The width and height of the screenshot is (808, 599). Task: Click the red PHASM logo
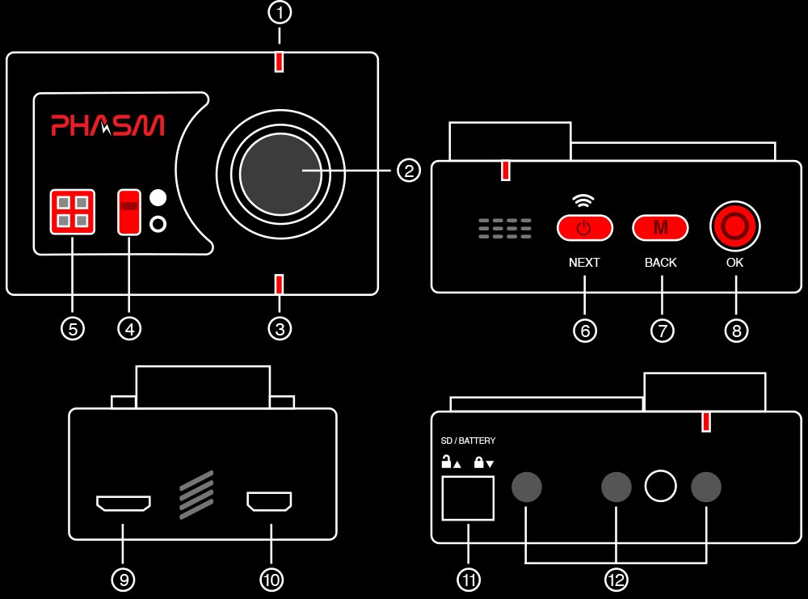107,125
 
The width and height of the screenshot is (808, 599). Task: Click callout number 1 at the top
279,13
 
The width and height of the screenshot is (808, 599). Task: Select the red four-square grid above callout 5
72,212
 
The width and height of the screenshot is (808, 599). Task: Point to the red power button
584,228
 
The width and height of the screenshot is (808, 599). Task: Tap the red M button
660,228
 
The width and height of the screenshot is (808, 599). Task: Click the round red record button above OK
735,227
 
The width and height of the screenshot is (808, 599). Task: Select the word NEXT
584,263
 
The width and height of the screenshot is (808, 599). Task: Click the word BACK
660,263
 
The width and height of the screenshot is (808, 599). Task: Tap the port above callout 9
123,504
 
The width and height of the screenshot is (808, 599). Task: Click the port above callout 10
270,503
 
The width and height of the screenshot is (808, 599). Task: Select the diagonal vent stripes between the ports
196,495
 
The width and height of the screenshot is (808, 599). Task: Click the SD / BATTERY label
468,441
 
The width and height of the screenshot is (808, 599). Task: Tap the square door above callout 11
467,498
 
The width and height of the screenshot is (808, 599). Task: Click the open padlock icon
446,462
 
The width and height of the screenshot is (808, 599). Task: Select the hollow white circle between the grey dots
660,486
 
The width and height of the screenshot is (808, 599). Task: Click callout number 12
617,580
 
